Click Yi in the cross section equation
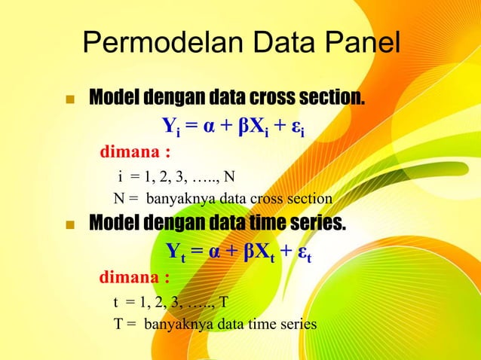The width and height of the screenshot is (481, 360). [172, 124]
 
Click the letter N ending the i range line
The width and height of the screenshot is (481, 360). [229, 177]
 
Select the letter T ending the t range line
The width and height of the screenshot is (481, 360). [223, 303]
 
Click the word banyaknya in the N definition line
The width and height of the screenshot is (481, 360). [176, 200]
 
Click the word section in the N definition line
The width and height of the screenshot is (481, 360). [308, 200]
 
